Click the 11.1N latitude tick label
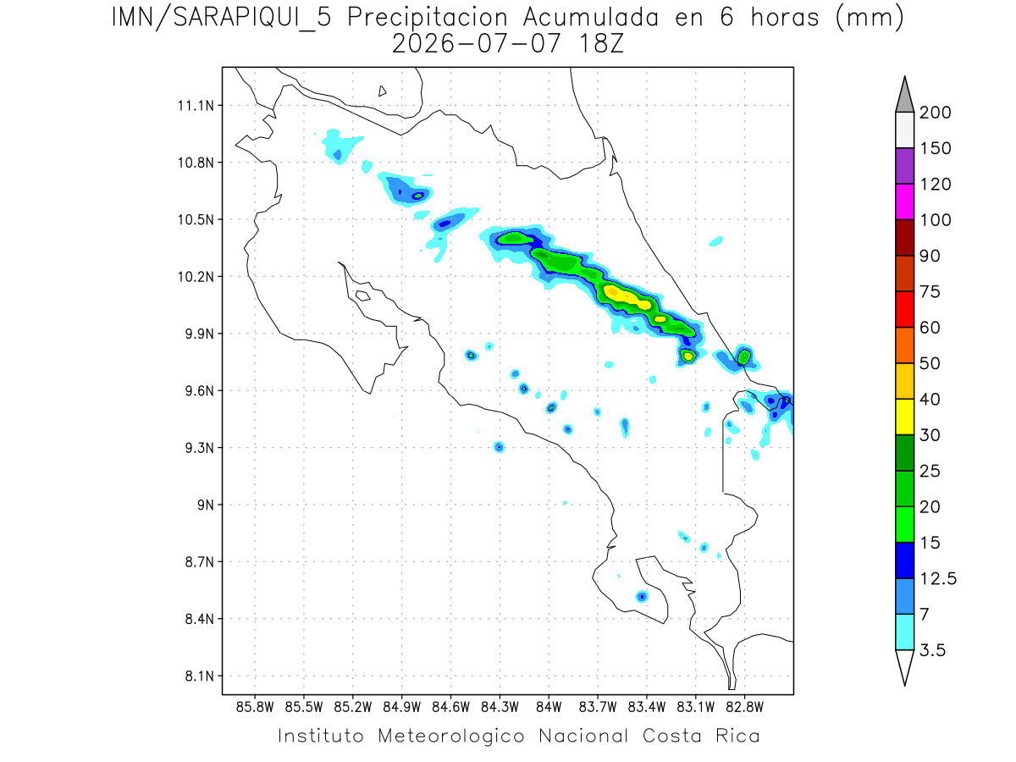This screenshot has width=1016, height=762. click(196, 106)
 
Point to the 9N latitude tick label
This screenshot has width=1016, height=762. click(206, 505)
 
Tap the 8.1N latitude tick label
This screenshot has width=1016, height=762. click(200, 676)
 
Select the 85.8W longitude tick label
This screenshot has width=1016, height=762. click(255, 708)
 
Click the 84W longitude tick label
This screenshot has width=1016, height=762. click(549, 708)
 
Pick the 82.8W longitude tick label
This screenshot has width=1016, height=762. click(744, 708)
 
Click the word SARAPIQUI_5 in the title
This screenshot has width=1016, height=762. click(252, 19)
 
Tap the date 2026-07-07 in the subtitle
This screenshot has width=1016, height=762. click(477, 44)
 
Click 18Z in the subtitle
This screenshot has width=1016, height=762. click(601, 44)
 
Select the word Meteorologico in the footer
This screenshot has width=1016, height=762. click(451, 737)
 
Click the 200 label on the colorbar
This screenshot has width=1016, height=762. click(935, 113)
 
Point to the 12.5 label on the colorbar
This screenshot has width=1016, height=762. click(938, 579)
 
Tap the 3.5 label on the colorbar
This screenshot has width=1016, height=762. click(932, 650)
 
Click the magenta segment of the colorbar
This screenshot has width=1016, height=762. click(904, 202)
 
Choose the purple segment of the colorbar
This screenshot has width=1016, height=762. click(904, 166)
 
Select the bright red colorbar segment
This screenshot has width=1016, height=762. click(904, 310)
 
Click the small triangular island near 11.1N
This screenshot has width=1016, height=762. click(382, 91)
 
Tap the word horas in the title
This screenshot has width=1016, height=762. click(785, 18)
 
